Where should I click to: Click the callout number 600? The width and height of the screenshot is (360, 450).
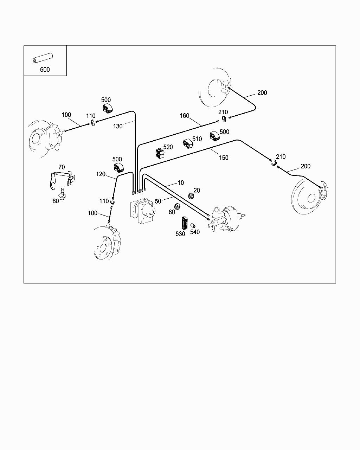(x=45, y=69)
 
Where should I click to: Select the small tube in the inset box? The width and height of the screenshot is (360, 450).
(x=43, y=58)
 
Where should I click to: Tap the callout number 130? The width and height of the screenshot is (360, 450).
(x=117, y=126)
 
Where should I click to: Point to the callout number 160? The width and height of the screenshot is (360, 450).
(x=185, y=116)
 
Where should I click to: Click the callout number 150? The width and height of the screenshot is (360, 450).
(x=224, y=157)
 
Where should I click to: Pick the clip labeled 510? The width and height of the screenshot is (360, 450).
(x=188, y=144)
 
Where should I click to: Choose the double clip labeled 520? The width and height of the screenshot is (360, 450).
(x=160, y=154)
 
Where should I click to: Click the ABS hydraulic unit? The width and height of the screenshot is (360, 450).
(x=143, y=211)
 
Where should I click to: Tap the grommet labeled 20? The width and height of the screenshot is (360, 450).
(x=191, y=196)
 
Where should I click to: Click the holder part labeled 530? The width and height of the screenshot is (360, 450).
(x=185, y=223)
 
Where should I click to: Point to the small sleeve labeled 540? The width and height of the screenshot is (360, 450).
(x=193, y=225)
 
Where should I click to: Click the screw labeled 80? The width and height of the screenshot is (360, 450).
(x=62, y=194)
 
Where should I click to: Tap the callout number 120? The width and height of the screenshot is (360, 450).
(x=101, y=174)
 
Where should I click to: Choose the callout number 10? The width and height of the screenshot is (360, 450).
(x=181, y=182)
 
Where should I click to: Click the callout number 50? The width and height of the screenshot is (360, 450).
(x=158, y=201)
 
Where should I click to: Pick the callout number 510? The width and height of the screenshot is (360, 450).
(x=197, y=139)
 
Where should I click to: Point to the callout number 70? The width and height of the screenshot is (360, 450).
(x=62, y=167)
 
